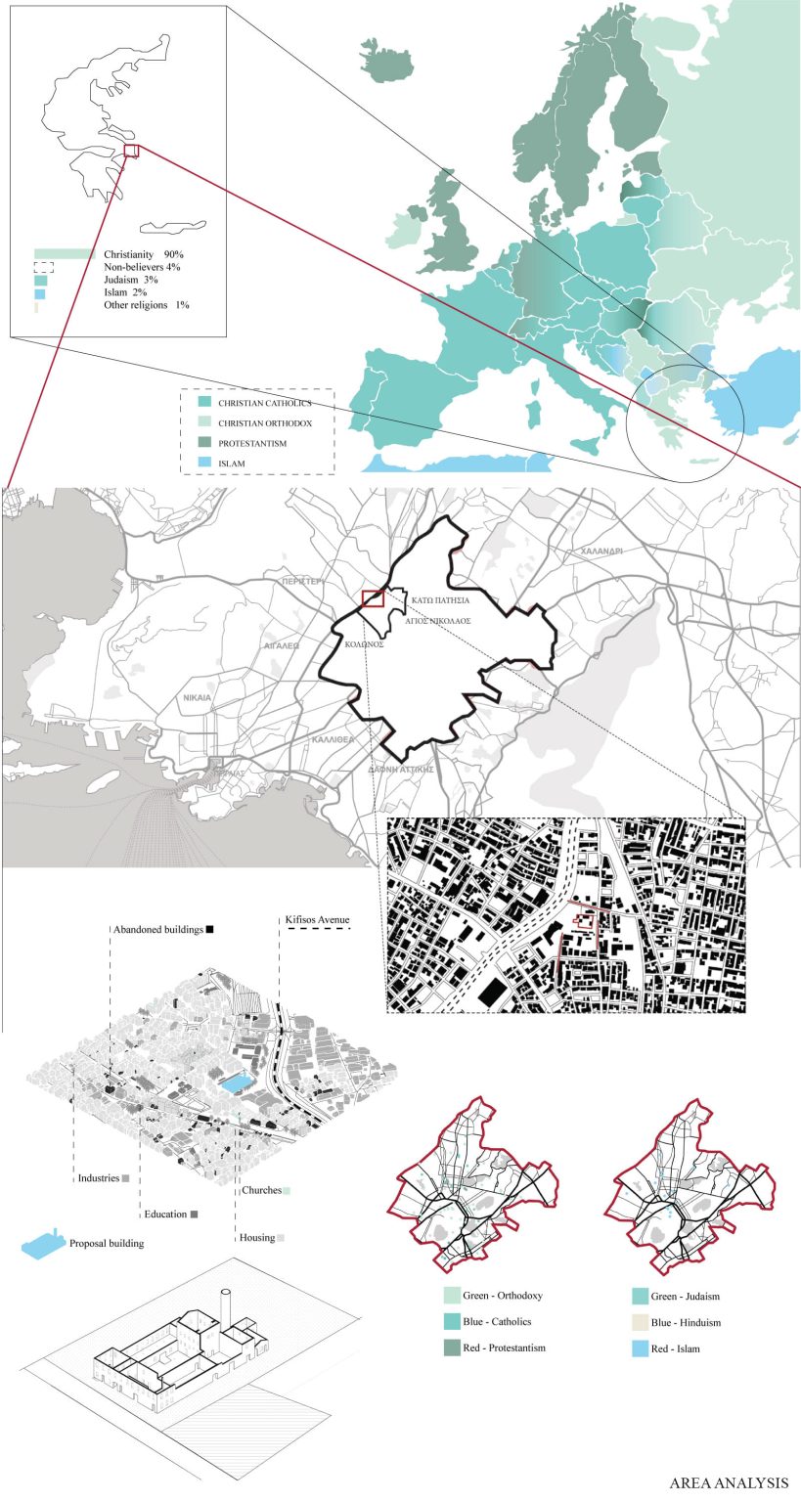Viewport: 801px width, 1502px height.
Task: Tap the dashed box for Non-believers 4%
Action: [43, 267]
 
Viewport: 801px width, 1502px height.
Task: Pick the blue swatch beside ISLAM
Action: [203, 464]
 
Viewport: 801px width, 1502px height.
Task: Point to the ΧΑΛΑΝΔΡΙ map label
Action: [601, 552]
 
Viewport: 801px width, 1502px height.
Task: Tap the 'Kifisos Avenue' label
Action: [314, 921]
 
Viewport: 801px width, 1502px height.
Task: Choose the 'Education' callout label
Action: [165, 1214]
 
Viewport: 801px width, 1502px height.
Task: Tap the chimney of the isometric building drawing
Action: [226, 1306]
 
